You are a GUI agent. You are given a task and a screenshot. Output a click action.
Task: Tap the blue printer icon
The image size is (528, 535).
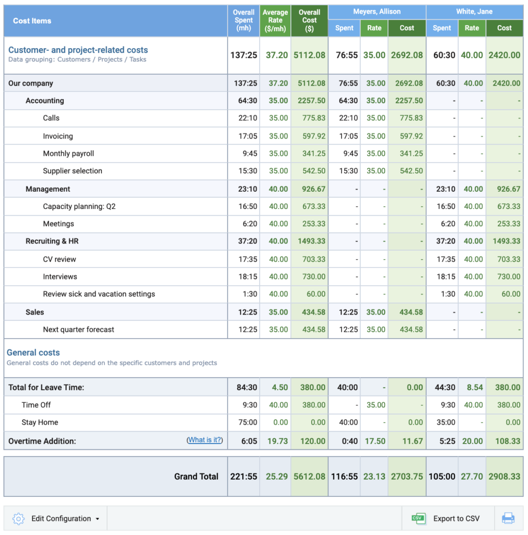coord(508,518)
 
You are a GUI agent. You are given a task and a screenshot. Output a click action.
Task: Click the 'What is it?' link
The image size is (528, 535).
coord(204,440)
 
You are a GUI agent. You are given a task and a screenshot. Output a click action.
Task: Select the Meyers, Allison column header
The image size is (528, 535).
coord(377,11)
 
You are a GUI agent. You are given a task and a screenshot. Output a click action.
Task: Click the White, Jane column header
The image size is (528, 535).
coord(474,11)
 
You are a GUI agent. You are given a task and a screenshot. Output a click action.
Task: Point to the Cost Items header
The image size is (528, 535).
coord(32,21)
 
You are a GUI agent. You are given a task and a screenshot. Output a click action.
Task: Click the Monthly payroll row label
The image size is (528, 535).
coord(68,154)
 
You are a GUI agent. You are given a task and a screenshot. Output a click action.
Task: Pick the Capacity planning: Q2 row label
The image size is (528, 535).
coord(79,206)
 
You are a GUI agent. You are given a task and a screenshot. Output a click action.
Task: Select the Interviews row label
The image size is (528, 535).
coord(60,276)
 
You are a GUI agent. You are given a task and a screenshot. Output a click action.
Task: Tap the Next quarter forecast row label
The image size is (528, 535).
coord(78,330)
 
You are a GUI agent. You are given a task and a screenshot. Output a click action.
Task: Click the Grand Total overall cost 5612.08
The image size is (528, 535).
coord(310,476)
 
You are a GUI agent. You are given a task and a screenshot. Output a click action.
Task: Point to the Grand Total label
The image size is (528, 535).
coord(196,476)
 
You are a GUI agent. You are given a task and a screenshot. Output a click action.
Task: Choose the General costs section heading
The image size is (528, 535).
coord(33,353)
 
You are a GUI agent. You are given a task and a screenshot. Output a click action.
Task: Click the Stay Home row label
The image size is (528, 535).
coord(40,422)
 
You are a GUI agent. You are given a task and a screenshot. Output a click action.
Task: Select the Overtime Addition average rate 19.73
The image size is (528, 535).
coord(276,441)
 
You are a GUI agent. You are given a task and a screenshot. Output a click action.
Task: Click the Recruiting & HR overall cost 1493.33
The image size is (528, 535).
coord(310,241)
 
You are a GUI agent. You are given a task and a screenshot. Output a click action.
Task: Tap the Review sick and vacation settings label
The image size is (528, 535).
coord(99,294)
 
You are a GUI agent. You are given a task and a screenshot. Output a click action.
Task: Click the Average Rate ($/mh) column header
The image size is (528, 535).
coord(275,20)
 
